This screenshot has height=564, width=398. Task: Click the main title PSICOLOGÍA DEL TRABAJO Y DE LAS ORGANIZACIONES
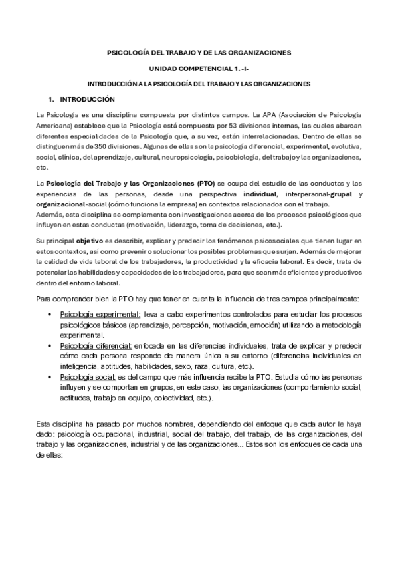199,52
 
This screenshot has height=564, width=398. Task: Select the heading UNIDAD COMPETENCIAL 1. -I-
199,69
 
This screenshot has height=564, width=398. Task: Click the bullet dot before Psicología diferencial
51,347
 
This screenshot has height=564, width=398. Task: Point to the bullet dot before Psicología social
51,376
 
